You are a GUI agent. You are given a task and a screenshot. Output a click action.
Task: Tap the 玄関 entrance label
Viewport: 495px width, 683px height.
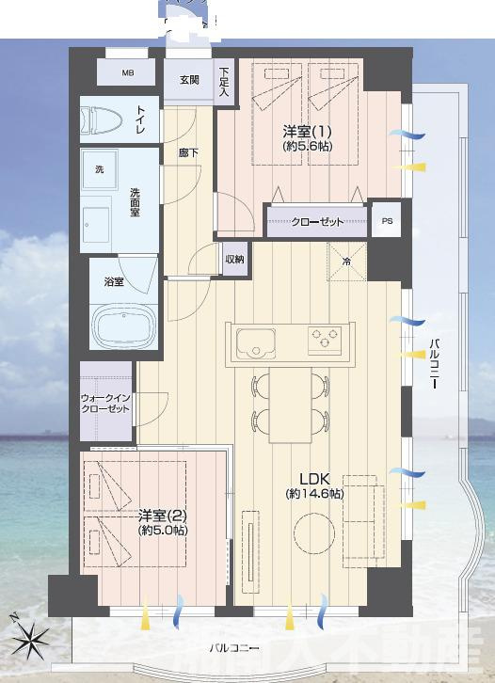point(189,80)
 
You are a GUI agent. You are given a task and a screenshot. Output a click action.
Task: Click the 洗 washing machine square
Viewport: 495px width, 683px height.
point(98,170)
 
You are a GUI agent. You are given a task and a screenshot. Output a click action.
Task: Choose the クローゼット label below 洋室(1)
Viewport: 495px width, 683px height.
point(316,221)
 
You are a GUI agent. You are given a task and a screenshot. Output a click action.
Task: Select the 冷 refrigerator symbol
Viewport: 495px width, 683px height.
point(345,262)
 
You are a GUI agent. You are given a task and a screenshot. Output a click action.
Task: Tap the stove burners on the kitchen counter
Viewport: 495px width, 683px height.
point(325,337)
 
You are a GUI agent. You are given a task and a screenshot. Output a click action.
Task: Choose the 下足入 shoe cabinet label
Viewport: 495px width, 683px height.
point(225,82)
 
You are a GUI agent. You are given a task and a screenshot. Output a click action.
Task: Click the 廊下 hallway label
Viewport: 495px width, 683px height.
point(188,151)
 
